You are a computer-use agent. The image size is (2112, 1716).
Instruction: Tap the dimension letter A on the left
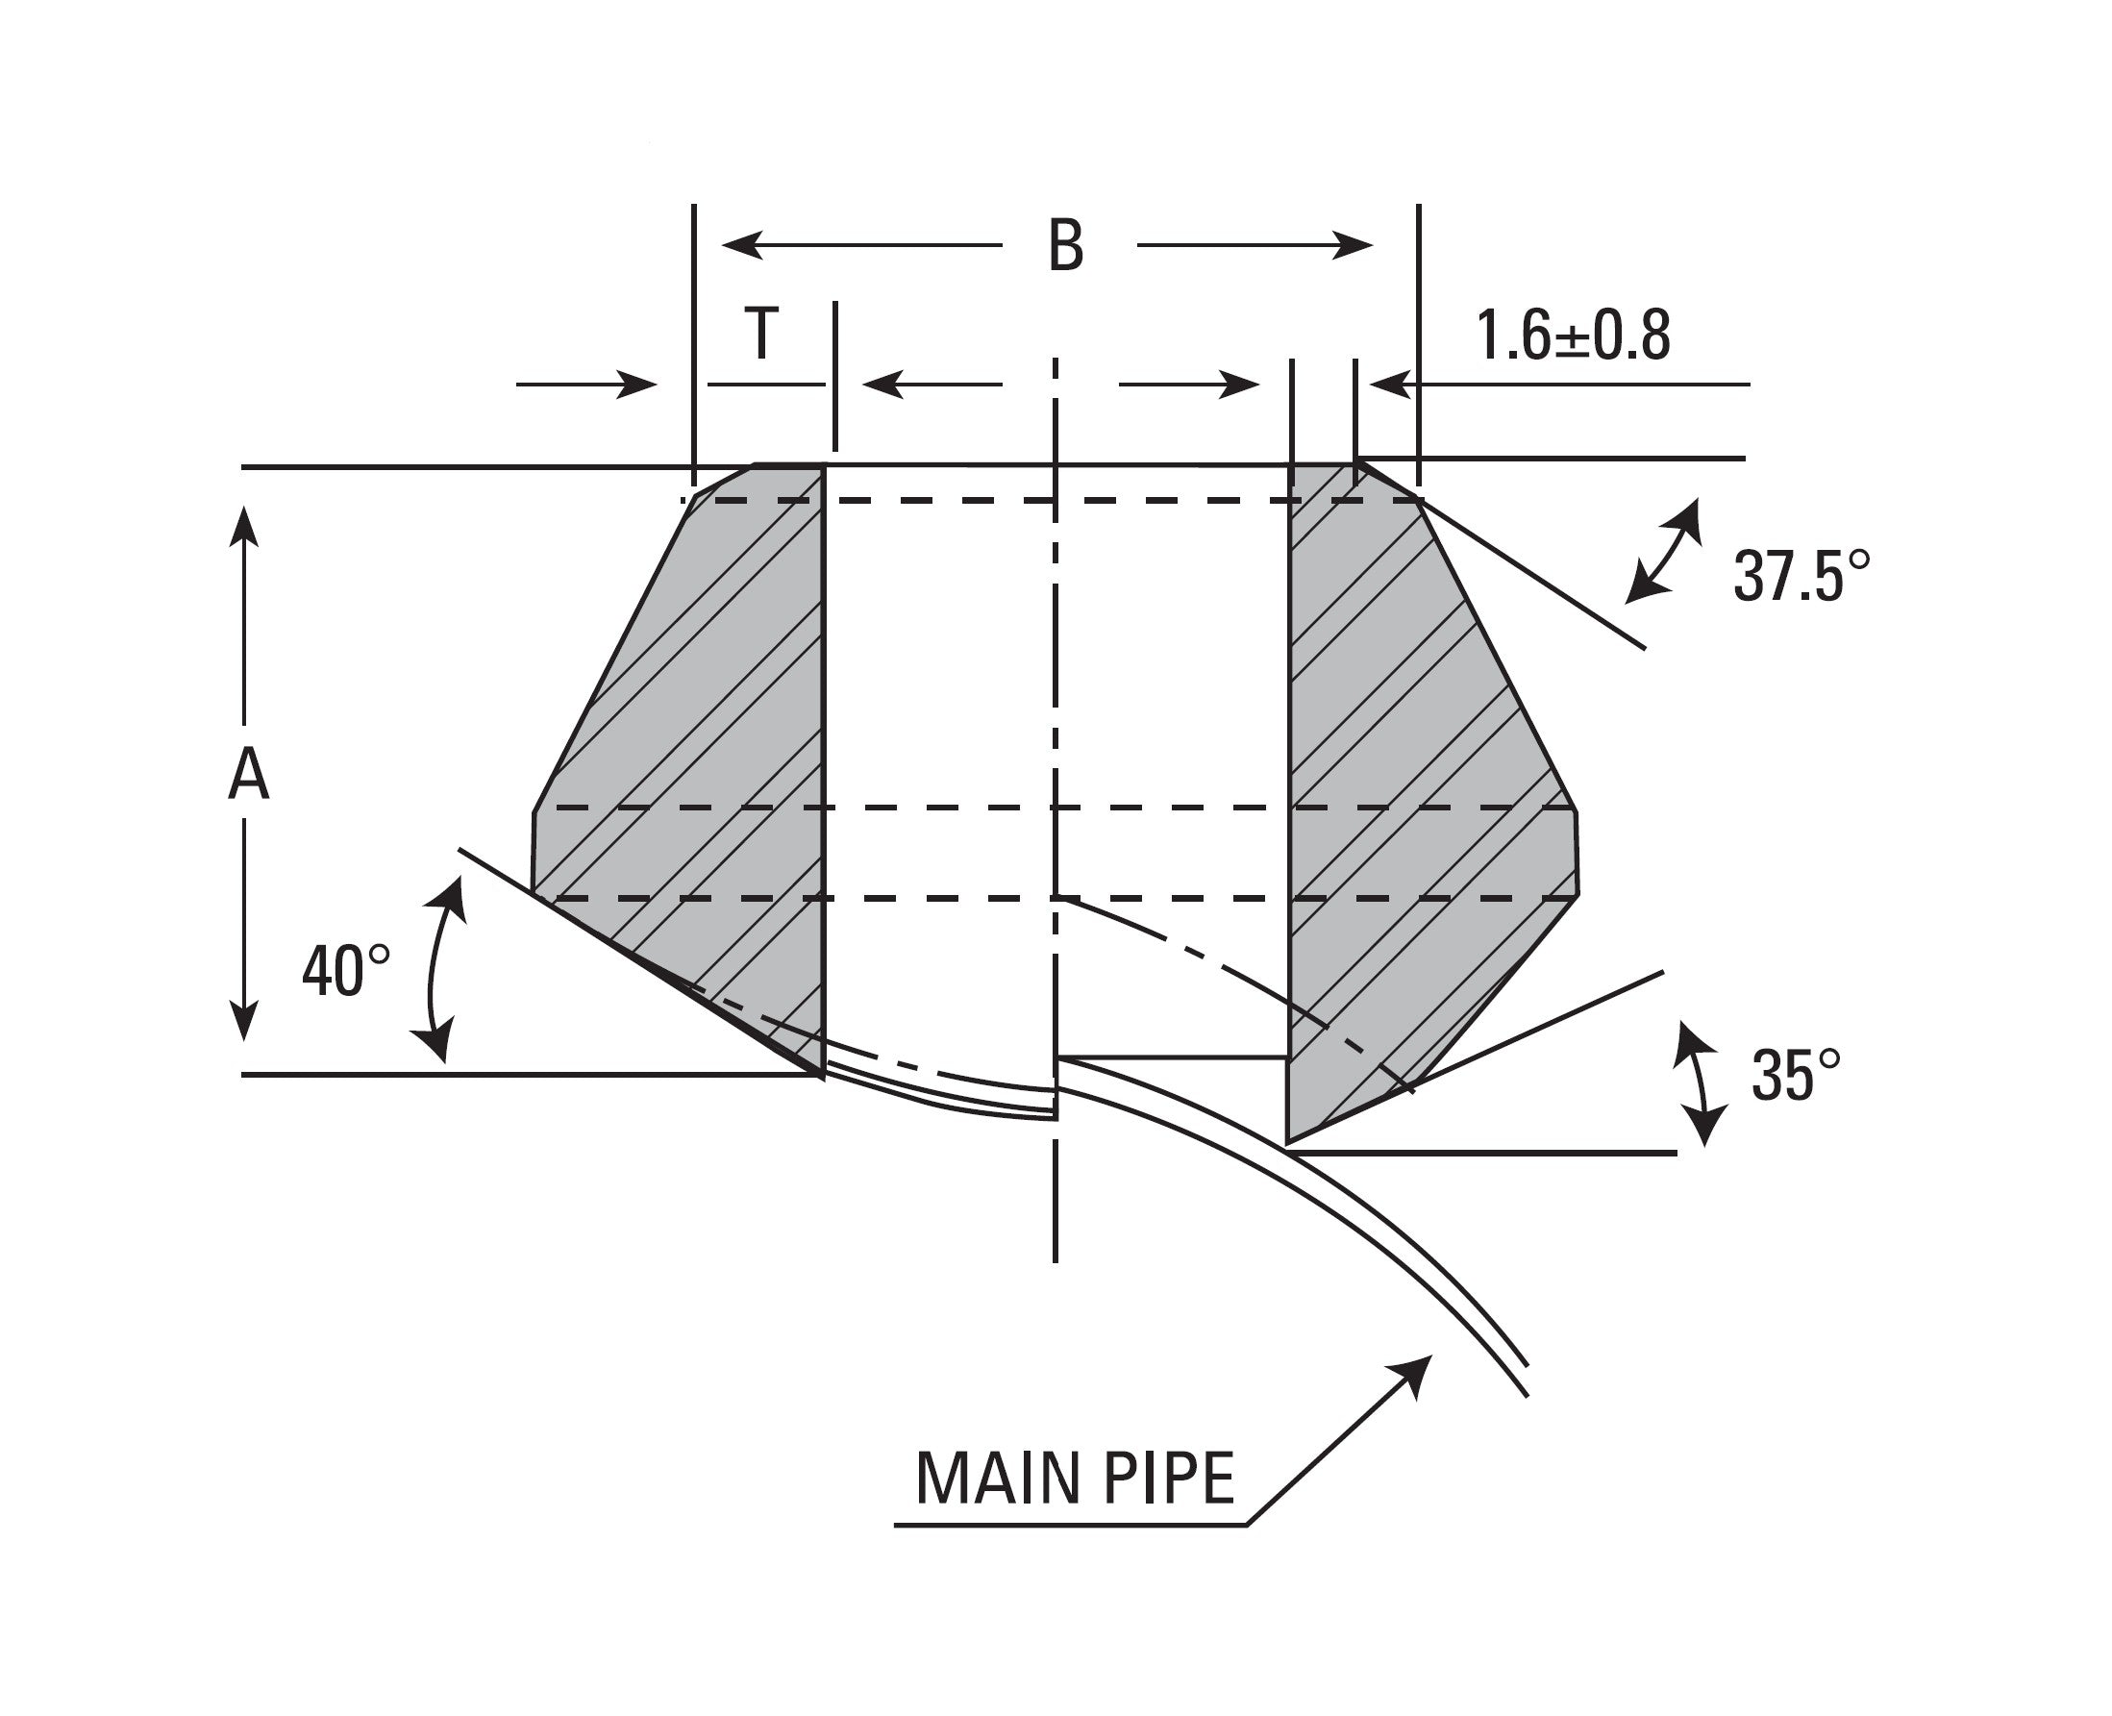(x=247, y=774)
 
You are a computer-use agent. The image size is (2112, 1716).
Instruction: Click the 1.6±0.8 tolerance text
(x=1573, y=336)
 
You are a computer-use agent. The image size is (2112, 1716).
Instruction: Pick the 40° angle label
(x=345, y=971)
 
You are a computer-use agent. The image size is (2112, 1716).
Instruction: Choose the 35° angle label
(x=1795, y=1076)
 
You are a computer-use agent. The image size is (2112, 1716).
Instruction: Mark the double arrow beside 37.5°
(x=1664, y=551)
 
